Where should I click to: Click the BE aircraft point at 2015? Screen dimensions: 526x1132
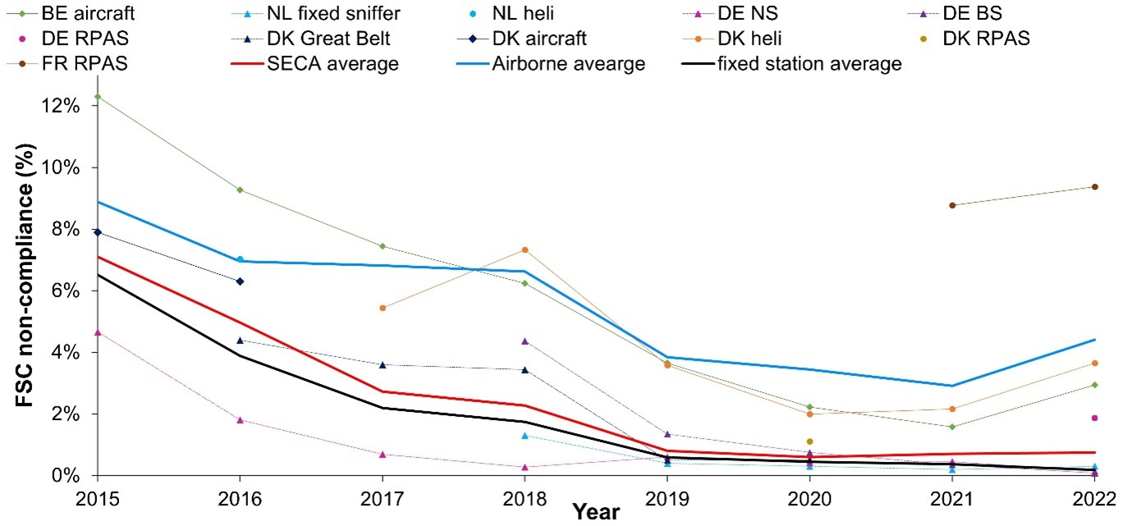pos(98,97)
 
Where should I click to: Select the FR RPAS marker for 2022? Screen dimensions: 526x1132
pos(1095,187)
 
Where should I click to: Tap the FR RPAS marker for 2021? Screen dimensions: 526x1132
pos(952,205)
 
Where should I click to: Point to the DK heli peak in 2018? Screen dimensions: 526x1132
pos(525,249)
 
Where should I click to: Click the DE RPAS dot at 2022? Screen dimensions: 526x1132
pos(1095,418)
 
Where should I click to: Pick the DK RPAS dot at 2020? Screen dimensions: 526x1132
pos(809,441)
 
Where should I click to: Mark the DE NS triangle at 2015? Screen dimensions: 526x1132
pos(98,332)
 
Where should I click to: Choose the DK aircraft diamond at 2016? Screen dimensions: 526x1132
pos(240,281)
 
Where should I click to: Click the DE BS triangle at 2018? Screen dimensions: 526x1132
pos(525,341)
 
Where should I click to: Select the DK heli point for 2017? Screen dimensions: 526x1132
pos(383,308)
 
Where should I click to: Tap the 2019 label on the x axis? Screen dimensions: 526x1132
pos(667,499)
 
